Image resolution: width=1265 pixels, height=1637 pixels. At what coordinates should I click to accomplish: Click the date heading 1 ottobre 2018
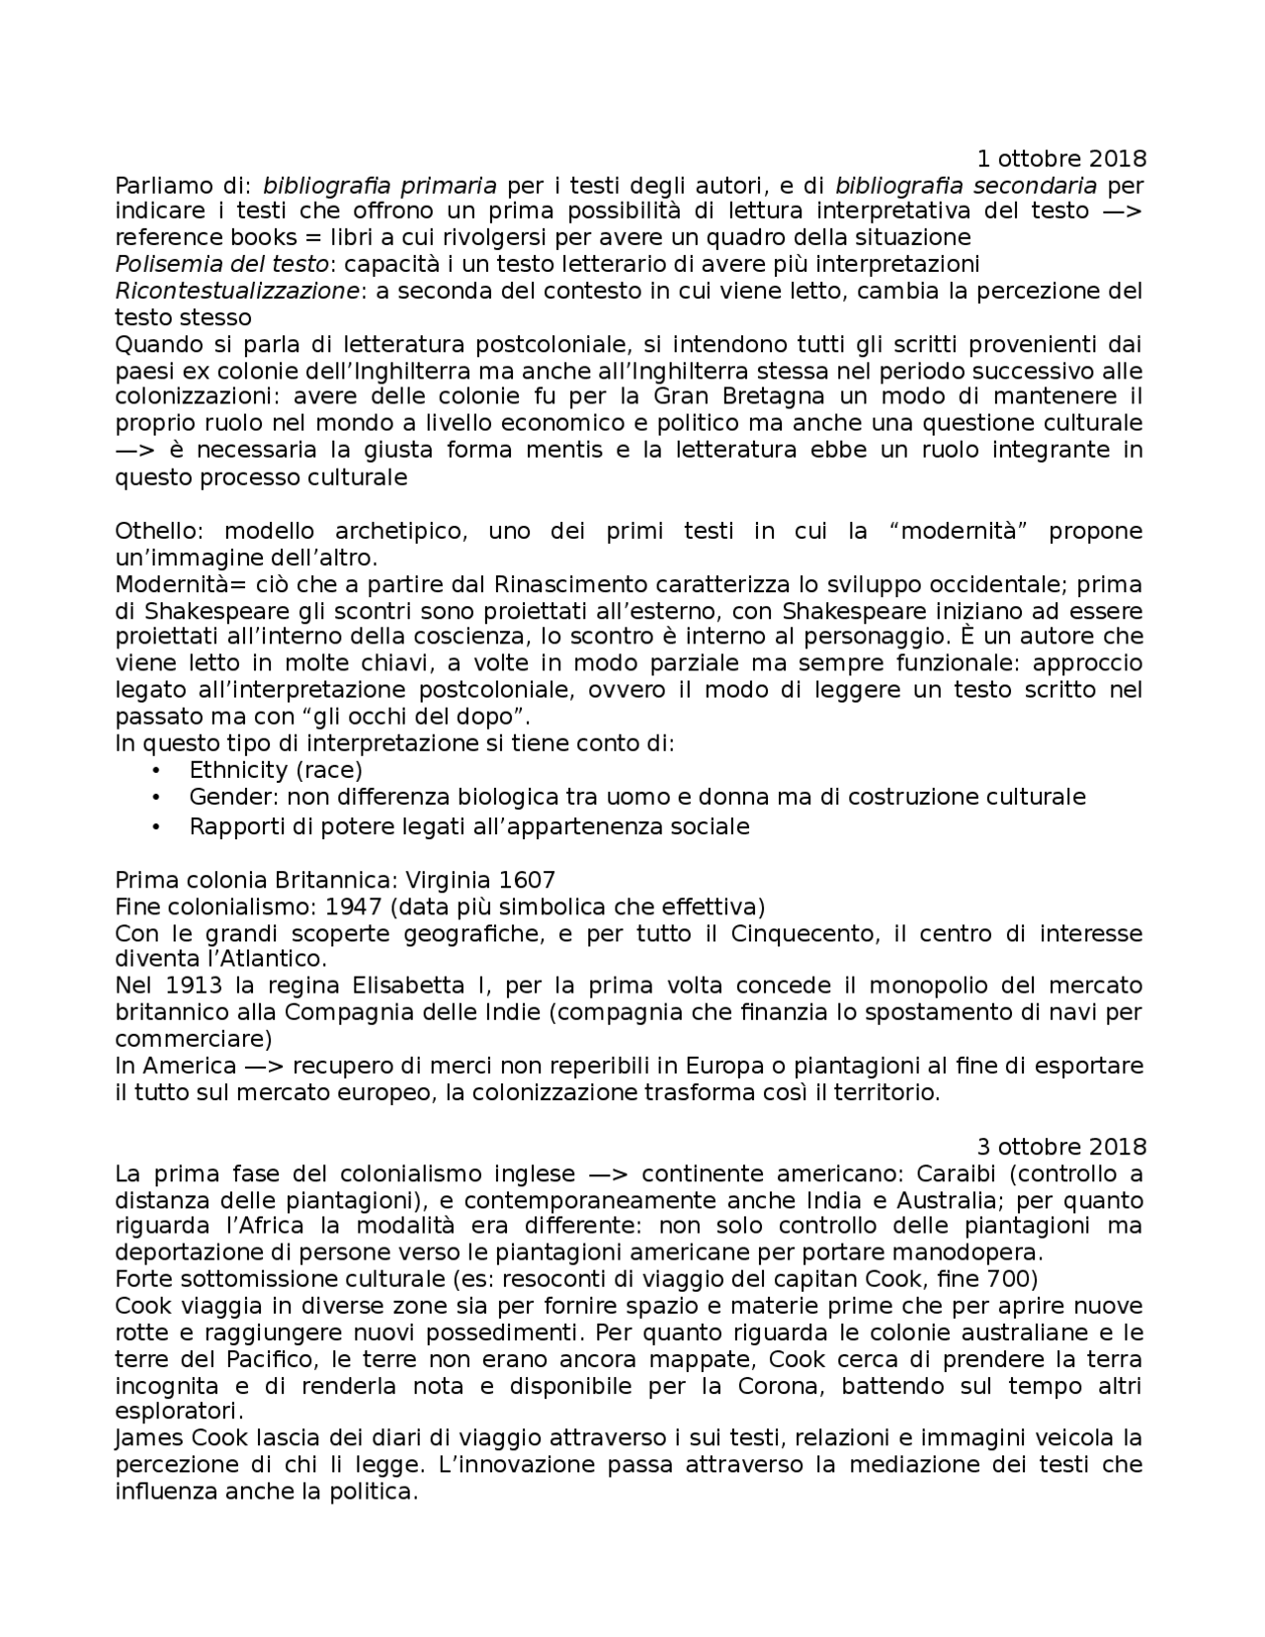[x=1061, y=158]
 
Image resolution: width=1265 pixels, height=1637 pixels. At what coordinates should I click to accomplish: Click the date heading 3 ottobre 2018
[x=1061, y=1147]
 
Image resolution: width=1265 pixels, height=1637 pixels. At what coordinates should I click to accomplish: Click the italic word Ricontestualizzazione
[x=236, y=291]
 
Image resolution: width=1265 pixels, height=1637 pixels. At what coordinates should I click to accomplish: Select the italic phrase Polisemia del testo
[x=221, y=264]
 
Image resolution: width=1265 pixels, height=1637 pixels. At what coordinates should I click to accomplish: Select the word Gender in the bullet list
[x=224, y=797]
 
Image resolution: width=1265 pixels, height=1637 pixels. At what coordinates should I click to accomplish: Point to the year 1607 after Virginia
[x=528, y=880]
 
